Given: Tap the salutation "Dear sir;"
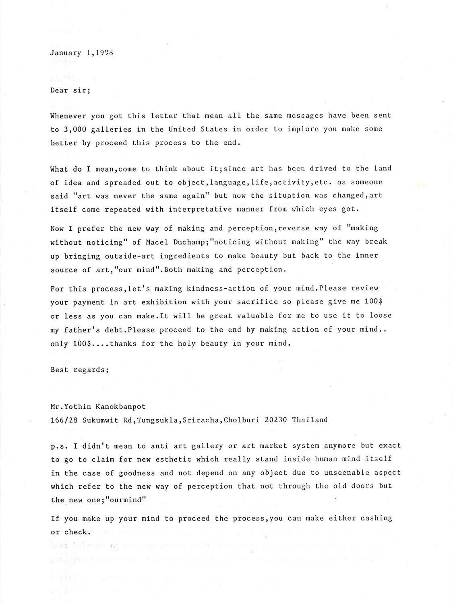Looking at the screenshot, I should click(70, 90).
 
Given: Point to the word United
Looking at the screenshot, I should click(182, 129).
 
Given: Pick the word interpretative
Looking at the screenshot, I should click(200, 209).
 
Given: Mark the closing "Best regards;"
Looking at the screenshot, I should click(79, 370).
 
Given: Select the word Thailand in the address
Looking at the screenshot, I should click(310, 420).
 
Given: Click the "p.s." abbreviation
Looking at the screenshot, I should click(59, 446).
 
